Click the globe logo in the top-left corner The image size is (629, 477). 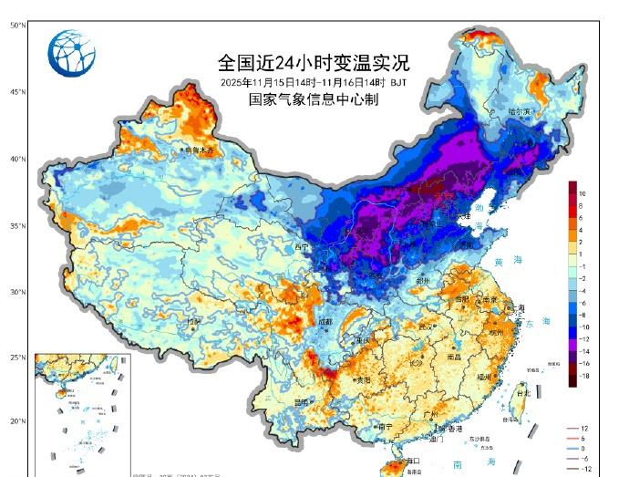click(71, 54)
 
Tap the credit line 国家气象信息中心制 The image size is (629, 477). click(313, 99)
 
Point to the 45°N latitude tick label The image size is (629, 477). click(17, 92)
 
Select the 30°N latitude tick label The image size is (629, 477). click(17, 293)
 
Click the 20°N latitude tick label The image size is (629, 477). click(17, 421)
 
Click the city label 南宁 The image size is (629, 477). click(385, 426)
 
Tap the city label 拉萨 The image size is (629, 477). click(192, 322)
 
